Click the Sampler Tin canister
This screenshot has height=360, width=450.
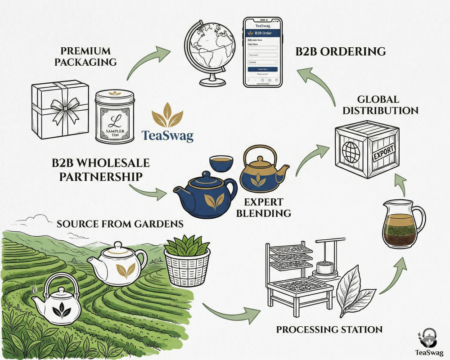click(114, 116)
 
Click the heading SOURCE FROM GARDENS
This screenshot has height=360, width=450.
click(120, 223)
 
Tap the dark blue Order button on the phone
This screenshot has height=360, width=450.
click(262, 69)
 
